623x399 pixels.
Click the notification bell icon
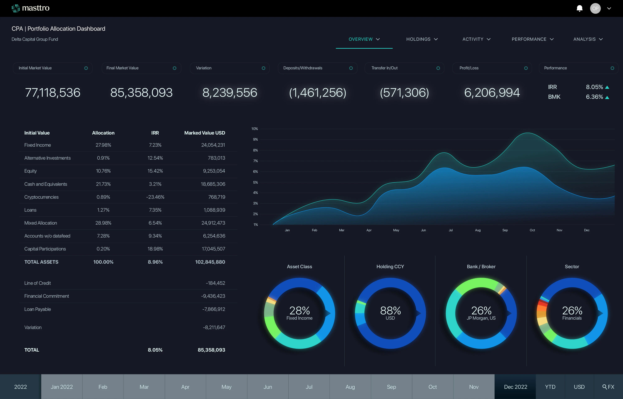coord(580,8)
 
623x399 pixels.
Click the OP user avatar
coord(595,8)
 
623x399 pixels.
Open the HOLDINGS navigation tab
coord(422,39)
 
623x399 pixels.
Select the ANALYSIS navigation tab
coord(588,39)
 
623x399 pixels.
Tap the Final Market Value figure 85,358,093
coord(141,93)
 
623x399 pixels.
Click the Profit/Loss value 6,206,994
coord(492,93)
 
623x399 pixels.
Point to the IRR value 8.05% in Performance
coord(595,87)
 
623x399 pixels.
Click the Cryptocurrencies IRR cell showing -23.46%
coord(155,197)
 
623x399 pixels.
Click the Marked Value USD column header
coord(205,133)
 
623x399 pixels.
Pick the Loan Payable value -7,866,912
coord(213,309)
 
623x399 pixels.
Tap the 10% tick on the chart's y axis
coord(255,129)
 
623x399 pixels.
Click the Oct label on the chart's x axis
coord(532,230)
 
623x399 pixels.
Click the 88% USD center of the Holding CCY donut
coord(390,313)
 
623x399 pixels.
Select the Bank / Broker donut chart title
coord(481,267)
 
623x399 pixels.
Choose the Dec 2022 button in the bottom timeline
coord(515,387)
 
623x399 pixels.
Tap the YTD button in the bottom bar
coord(550,387)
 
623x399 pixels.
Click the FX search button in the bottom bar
coord(608,387)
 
